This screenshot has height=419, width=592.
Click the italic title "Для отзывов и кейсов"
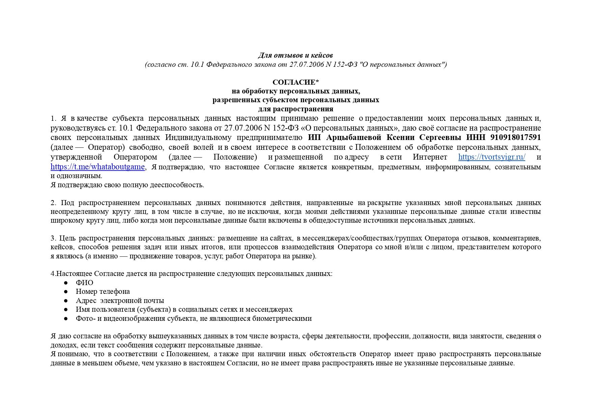click(295, 55)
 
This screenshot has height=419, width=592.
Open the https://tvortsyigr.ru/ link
click(491, 157)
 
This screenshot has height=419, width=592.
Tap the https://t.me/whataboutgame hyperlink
click(98, 167)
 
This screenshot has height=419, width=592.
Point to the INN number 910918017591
click(515, 138)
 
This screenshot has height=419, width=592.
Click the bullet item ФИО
click(84, 283)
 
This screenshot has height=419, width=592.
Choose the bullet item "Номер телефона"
click(103, 291)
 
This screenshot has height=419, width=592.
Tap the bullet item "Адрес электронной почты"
click(120, 301)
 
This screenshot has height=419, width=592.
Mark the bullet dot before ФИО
click(66, 283)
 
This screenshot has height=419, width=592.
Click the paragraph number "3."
click(54, 239)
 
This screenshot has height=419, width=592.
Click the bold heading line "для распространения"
click(295, 109)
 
